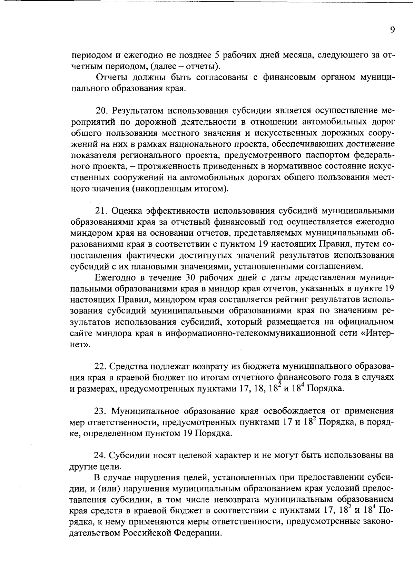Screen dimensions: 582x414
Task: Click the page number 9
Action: click(x=392, y=30)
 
